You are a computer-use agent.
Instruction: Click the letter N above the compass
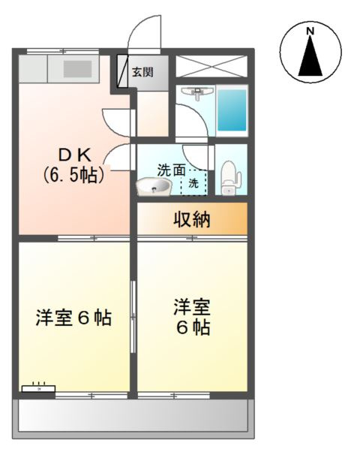pos(310,31)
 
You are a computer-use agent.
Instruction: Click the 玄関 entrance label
pos(142,73)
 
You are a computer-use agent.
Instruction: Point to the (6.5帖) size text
pos(73,176)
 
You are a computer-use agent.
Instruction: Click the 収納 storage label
pos(191,219)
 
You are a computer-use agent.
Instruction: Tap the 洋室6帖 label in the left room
pos(73,318)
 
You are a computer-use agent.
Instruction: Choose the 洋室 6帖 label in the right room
pos(191,317)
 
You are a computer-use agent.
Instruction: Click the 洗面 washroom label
pos(171,170)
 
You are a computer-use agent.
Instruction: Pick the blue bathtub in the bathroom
pos(232,110)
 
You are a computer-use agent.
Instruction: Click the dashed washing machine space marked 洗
pos(194,182)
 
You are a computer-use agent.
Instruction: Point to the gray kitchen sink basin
pos(76,68)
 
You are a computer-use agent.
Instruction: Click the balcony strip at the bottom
pos(132,414)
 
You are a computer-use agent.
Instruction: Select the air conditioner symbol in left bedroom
pos(37,389)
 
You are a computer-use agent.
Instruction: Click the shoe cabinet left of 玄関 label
pos(123,71)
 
